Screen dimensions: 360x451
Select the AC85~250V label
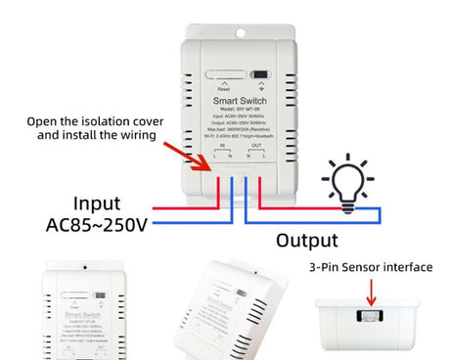point(97,225)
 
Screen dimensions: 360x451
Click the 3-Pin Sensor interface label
point(371,266)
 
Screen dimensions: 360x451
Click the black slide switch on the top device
point(259,74)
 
